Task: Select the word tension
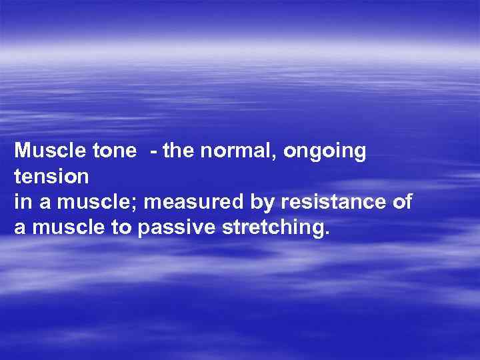[51, 177]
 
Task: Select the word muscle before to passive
[63, 228]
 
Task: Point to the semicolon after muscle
[116, 205]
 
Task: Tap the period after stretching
[326, 234]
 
